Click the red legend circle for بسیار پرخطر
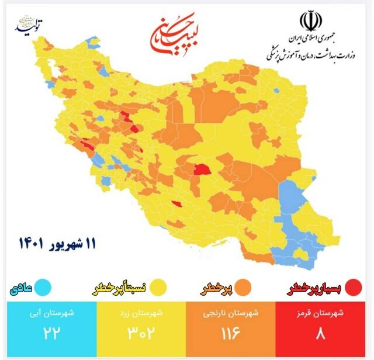point(353,288)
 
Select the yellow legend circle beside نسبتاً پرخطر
point(157,288)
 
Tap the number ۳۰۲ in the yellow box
point(140,335)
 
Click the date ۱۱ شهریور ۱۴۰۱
point(58,241)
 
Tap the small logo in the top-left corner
point(32,26)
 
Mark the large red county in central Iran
point(202,171)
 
